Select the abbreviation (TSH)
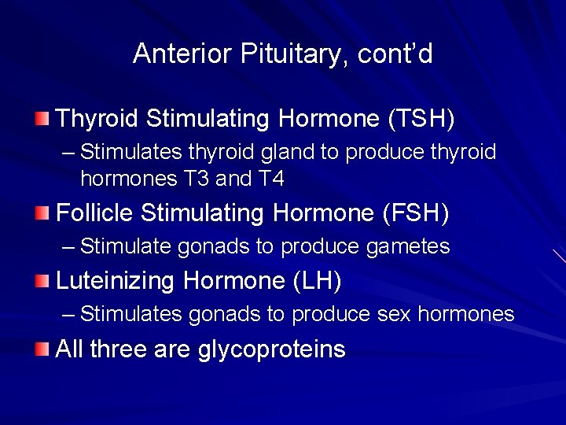point(421,119)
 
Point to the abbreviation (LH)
point(316,280)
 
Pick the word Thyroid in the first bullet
point(97,119)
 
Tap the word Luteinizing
point(116,280)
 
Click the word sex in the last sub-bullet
point(394,315)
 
